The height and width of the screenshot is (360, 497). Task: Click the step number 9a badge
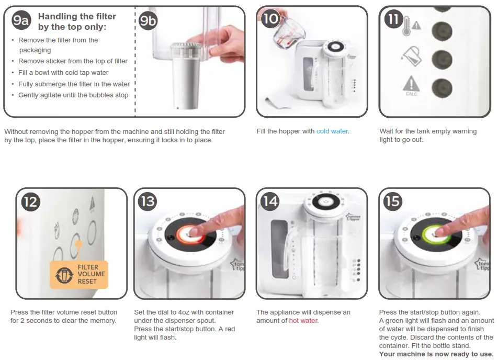21,20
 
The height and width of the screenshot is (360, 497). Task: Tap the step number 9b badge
148,20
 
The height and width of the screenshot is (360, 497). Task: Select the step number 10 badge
270,18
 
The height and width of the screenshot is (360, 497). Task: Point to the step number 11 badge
393,19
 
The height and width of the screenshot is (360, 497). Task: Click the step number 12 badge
31,202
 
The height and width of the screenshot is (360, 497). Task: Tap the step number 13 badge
148,201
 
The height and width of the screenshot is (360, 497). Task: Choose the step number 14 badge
270,201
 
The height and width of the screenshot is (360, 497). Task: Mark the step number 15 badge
392,201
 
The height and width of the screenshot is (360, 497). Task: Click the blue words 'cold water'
332,131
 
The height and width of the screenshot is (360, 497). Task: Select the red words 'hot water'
303,321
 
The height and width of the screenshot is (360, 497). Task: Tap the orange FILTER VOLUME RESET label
79,274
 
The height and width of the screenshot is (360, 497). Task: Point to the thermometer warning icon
411,26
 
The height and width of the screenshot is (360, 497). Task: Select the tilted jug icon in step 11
411,57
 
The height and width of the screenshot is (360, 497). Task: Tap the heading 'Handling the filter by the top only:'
77,21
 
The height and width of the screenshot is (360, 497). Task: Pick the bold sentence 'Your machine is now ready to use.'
436,354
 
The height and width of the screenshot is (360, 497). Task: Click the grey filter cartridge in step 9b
186,76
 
